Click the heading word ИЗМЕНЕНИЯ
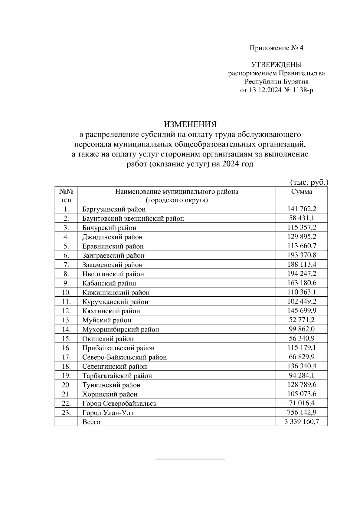(x=190, y=124)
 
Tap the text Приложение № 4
(x=276, y=48)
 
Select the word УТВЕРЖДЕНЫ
(x=276, y=65)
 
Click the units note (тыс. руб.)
(x=309, y=182)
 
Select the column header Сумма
(x=302, y=192)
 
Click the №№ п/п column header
(x=66, y=196)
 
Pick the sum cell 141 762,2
(x=302, y=209)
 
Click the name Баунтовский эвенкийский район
(x=133, y=218)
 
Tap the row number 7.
(x=66, y=265)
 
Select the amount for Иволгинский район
(x=302, y=274)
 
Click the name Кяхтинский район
(x=111, y=311)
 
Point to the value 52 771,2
(x=302, y=320)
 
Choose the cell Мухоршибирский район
(x=120, y=329)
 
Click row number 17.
(x=66, y=357)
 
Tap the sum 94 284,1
(x=302, y=375)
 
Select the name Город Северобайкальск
(x=119, y=404)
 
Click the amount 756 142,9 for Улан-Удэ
(x=302, y=412)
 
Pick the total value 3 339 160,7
(x=302, y=422)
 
